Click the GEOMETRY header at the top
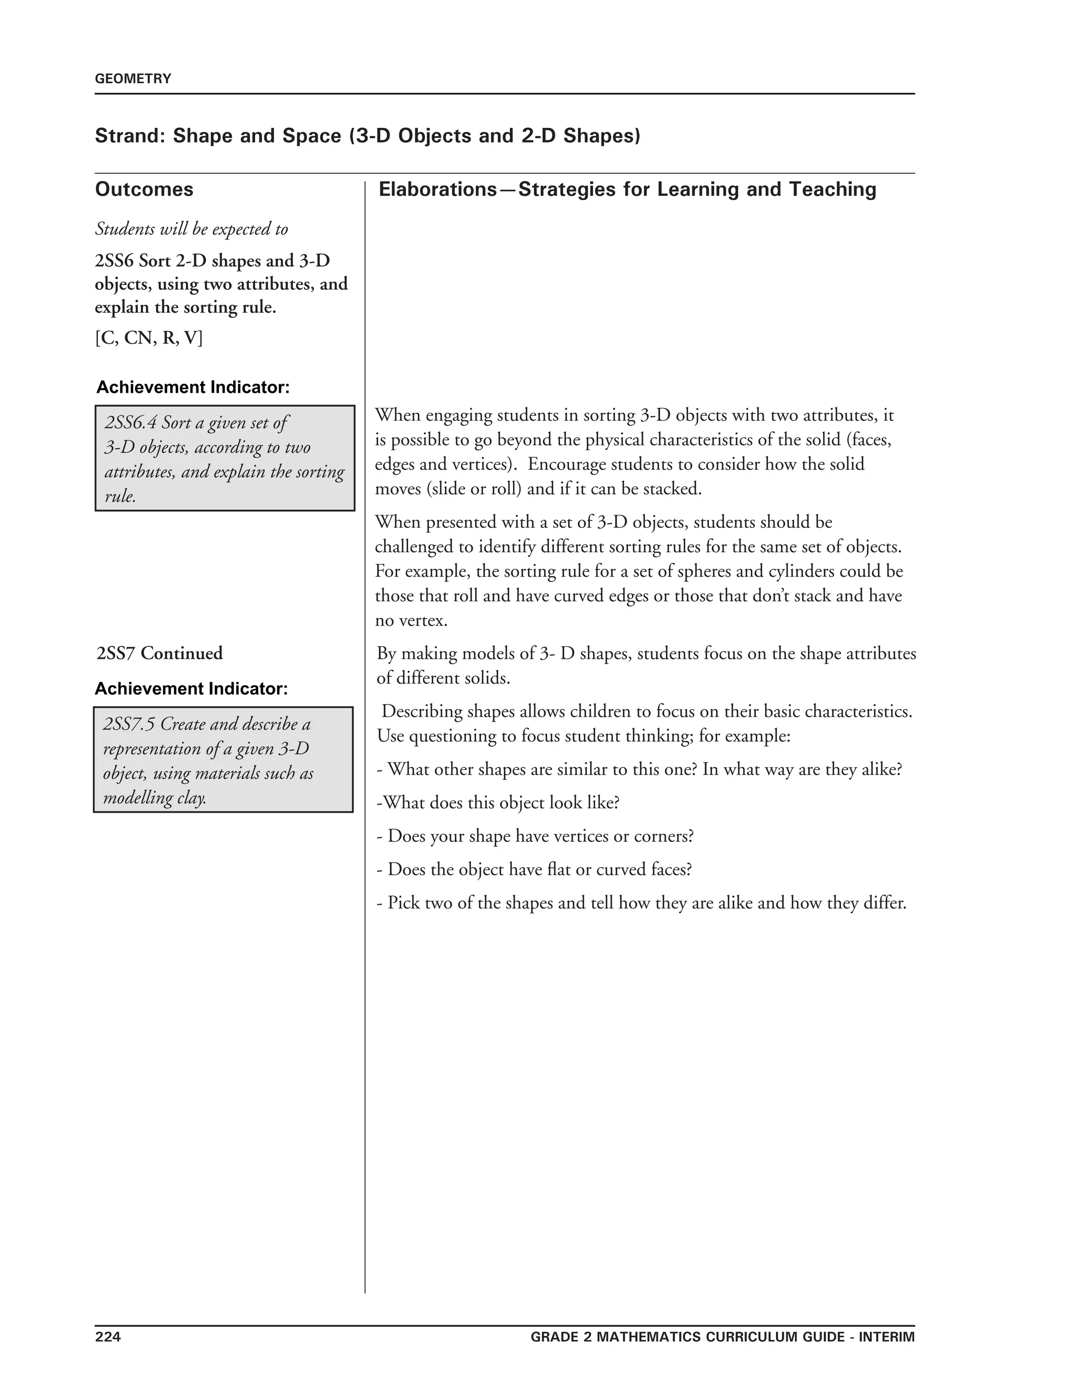[133, 79]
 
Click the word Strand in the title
[129, 136]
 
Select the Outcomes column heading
[144, 190]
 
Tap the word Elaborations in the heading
[438, 190]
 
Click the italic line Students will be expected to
[191, 229]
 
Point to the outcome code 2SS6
[114, 261]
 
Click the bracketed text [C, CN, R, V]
[149, 338]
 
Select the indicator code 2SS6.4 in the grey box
[130, 423]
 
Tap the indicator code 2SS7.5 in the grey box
[129, 724]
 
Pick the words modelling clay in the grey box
[155, 798]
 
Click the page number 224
[107, 1337]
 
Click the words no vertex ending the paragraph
[411, 620]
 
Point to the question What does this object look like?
[498, 802]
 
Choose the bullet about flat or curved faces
[533, 869]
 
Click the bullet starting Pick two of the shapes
[641, 902]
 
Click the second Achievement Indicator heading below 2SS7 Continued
[191, 689]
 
